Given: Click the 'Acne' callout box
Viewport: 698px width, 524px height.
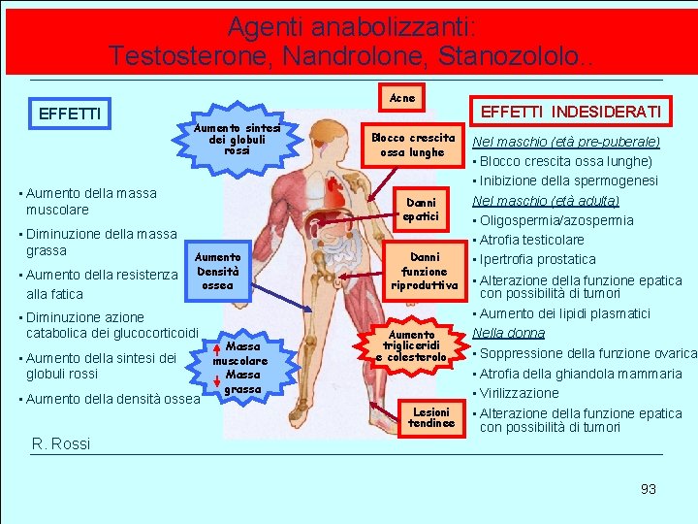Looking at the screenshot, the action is click(401, 98).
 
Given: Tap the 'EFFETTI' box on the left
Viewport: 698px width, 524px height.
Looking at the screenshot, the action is click(69, 114).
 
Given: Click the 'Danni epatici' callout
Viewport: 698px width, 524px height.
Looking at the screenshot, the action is click(422, 210).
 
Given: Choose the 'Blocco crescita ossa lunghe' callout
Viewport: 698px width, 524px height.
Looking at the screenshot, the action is click(412, 145).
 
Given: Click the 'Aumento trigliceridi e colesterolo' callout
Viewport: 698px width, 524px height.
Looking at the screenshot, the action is click(412, 346).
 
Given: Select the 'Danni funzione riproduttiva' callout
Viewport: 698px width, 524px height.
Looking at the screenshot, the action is click(425, 272).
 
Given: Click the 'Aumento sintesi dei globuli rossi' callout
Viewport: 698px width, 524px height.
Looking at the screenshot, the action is click(237, 139).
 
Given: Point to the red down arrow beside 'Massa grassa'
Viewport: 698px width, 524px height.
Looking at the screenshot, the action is click(217, 382).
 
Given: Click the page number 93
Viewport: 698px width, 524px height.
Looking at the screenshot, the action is click(649, 489).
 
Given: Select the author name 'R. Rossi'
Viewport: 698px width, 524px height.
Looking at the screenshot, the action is click(61, 443).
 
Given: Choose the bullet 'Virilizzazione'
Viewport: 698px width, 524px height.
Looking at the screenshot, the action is click(520, 393).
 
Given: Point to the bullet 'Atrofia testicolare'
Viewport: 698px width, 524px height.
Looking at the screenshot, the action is click(532, 240).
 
